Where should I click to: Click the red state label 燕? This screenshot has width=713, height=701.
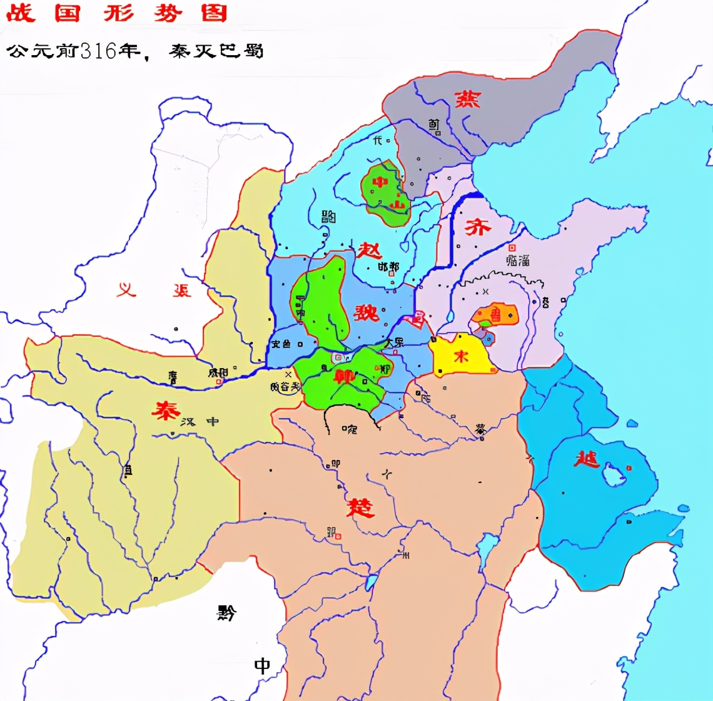tap(467, 99)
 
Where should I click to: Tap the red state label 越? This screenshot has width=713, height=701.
tap(587, 460)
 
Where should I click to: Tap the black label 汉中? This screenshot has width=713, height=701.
tap(201, 421)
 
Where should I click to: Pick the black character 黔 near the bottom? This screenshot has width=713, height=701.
tap(226, 613)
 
